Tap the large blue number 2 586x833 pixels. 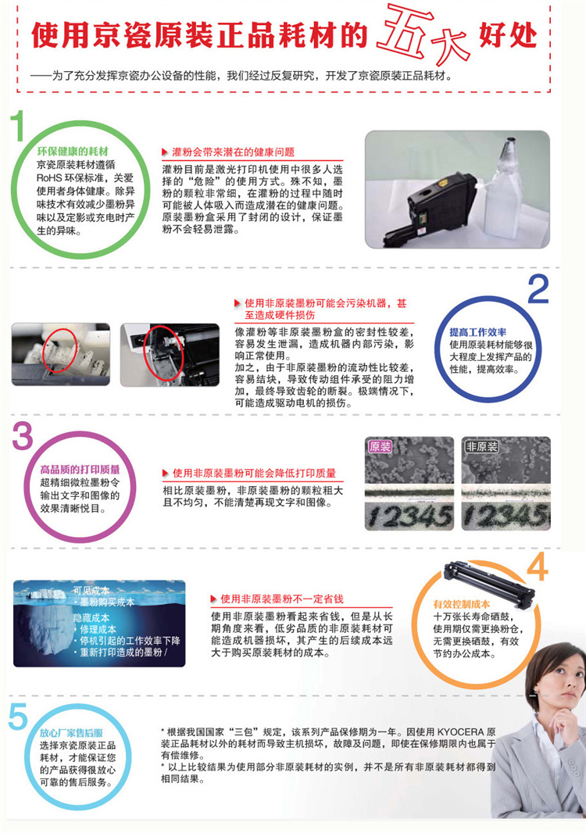[x=538, y=290]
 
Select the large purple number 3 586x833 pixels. [x=23, y=436]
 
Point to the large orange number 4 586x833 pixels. [x=537, y=566]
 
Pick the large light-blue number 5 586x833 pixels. [x=17, y=716]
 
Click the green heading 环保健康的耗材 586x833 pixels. [x=73, y=152]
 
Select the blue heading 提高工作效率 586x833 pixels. [x=477, y=332]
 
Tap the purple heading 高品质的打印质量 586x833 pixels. [x=80, y=469]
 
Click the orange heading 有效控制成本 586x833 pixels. [x=461, y=604]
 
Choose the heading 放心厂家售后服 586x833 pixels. [x=71, y=733]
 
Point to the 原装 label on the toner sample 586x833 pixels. [x=380, y=447]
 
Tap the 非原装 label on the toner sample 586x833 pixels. [x=481, y=446]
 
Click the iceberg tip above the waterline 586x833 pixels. [x=45, y=595]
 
